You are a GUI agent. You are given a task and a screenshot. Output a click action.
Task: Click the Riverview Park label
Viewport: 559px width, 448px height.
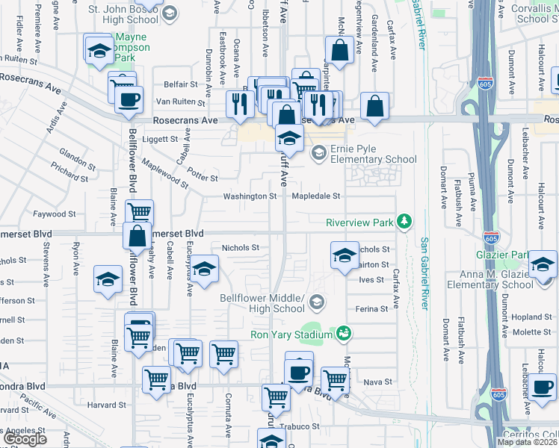[359, 223]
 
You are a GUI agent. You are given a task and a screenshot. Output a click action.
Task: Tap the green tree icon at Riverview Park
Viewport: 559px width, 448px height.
[404, 221]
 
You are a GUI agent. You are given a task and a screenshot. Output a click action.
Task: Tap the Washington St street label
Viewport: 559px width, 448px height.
[250, 196]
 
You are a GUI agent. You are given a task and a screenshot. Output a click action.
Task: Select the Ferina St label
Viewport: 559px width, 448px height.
[372, 308]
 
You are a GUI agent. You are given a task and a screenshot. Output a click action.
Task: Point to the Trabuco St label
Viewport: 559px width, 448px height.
[299, 426]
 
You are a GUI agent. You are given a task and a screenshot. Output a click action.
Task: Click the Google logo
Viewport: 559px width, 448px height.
[25, 439]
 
